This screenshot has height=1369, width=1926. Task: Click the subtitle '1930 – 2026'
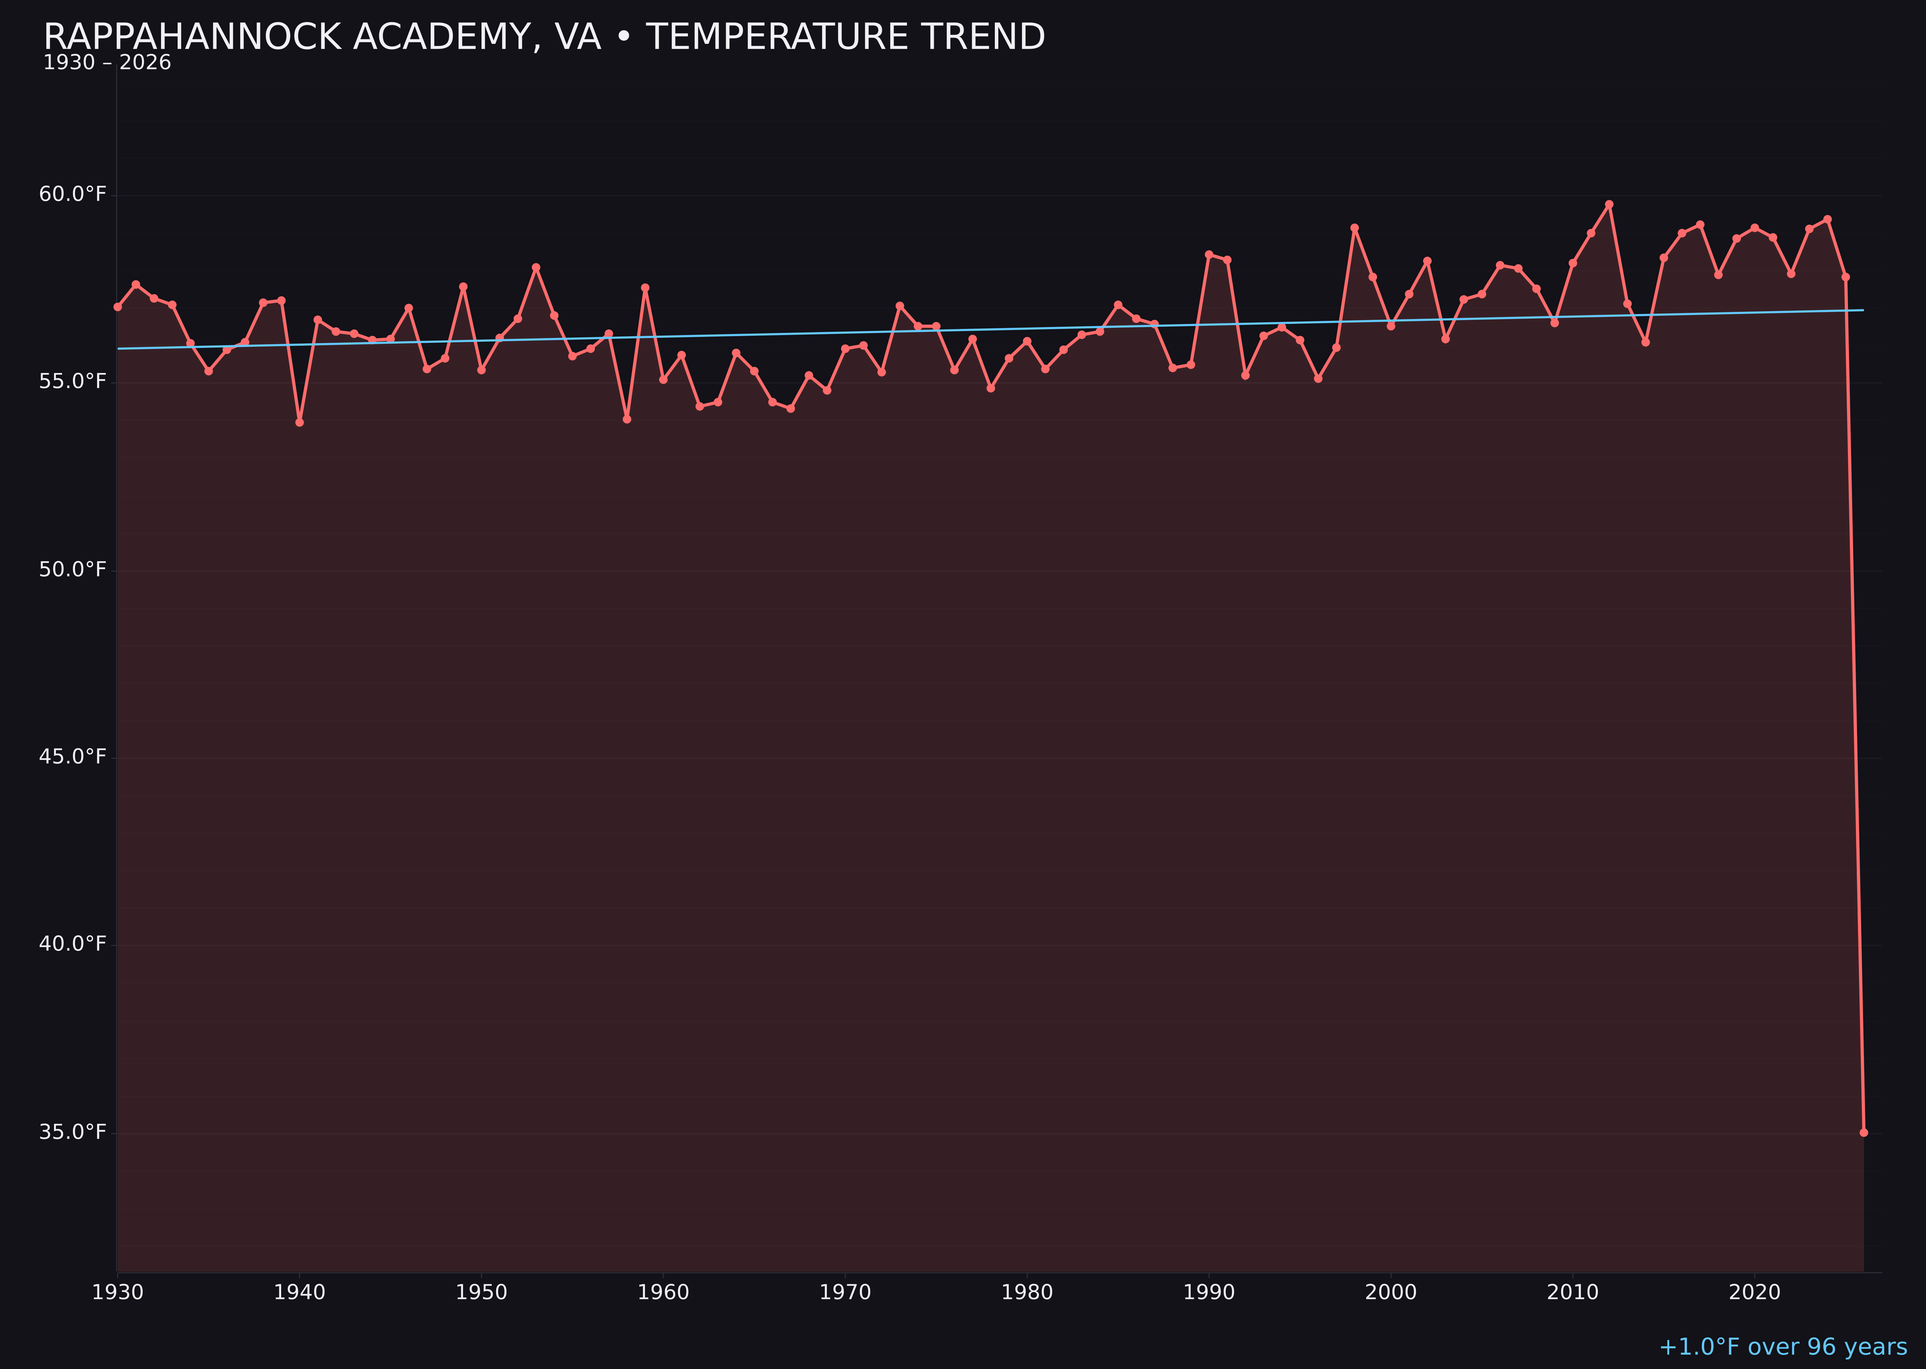pyautogui.click(x=107, y=63)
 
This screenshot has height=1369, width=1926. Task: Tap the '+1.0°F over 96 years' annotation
pyautogui.click(x=1782, y=1346)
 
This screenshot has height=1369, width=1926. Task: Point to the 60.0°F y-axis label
pyautogui.click(x=73, y=195)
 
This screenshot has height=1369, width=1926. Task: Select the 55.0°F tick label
pyautogui.click(x=73, y=382)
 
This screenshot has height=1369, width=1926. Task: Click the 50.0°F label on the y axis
pyautogui.click(x=73, y=570)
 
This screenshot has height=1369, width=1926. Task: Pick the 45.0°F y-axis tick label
pyautogui.click(x=73, y=757)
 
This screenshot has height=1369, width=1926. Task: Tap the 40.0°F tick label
pyautogui.click(x=73, y=944)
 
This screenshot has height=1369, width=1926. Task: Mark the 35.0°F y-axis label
pyautogui.click(x=73, y=1132)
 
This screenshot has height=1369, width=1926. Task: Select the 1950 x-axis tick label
pyautogui.click(x=481, y=1292)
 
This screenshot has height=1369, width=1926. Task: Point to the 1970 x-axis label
pyautogui.click(x=845, y=1292)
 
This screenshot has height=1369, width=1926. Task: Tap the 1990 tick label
pyautogui.click(x=1209, y=1292)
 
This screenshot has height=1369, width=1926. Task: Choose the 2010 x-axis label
pyautogui.click(x=1573, y=1292)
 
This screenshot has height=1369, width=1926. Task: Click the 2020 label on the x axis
pyautogui.click(x=1755, y=1292)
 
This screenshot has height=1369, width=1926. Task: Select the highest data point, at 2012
pyautogui.click(x=1609, y=204)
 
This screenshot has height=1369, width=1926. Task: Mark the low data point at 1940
pyautogui.click(x=299, y=422)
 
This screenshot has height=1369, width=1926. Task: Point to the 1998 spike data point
pyautogui.click(x=1354, y=228)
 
